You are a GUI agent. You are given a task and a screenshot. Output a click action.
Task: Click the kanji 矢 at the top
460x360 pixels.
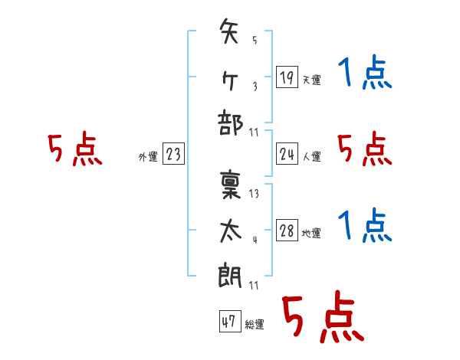[230, 33]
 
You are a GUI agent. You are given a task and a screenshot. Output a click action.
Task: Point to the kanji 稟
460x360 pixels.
[230, 185]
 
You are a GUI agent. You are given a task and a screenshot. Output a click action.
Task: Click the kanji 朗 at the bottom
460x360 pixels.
[230, 273]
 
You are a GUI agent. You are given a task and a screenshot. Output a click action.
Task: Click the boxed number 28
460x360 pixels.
[287, 231]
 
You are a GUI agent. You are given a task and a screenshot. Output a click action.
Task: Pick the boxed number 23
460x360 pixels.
[173, 155]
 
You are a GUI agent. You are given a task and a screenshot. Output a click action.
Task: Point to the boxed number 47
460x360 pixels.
[228, 322]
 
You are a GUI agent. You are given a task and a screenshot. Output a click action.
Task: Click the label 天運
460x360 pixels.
[311, 80]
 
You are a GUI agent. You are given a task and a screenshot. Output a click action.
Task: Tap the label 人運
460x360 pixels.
[311, 157]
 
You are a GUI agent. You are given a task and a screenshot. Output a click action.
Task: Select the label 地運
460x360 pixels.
[311, 234]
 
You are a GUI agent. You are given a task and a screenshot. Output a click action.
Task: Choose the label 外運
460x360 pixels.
[147, 157]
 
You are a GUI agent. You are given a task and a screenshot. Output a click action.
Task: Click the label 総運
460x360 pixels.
[254, 325]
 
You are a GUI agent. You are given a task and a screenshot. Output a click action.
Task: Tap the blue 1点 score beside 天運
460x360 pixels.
[365, 74]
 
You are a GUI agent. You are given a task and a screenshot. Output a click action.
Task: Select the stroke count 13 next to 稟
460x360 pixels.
[254, 194]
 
